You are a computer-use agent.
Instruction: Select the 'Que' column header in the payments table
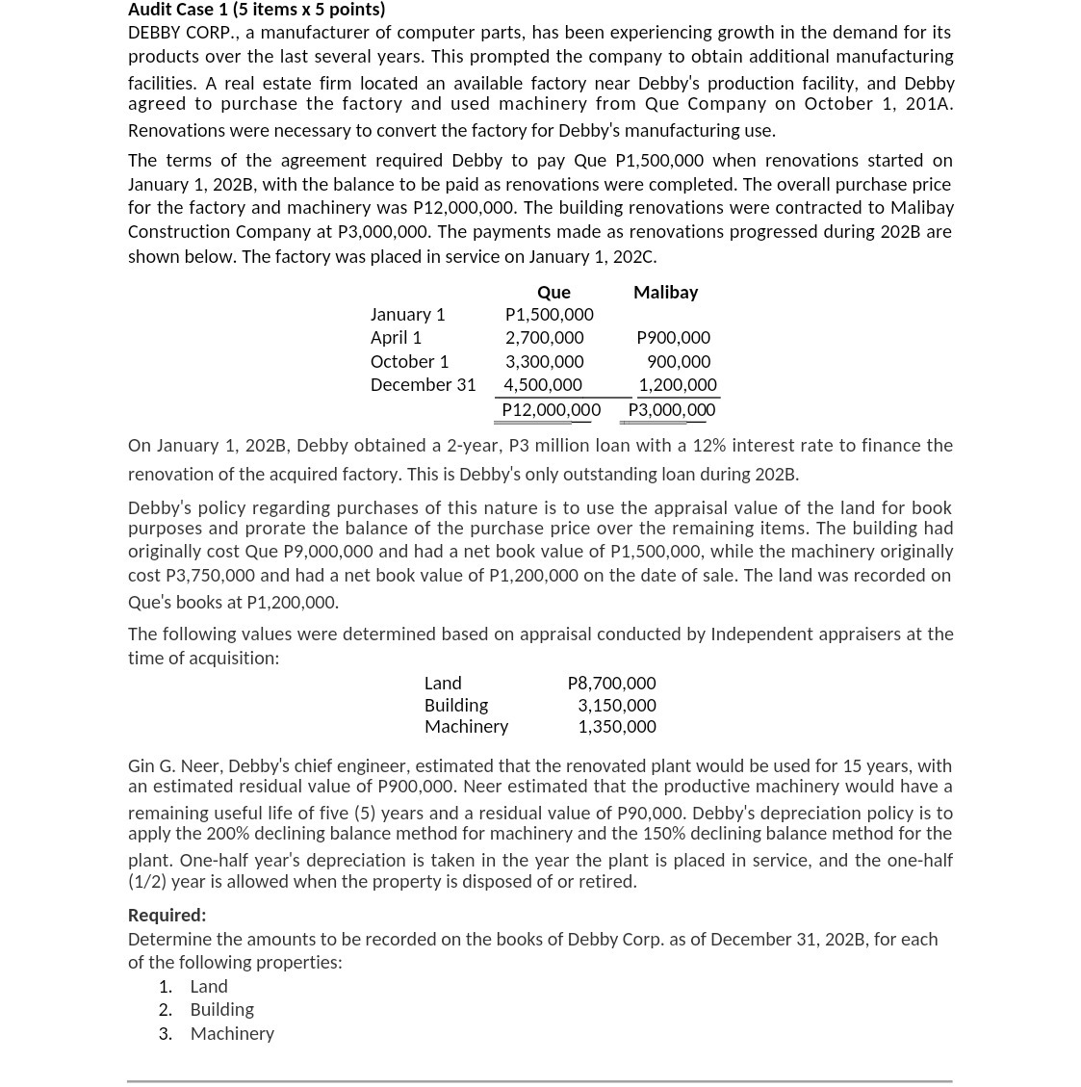[x=553, y=292]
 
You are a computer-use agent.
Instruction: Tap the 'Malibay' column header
[x=665, y=292]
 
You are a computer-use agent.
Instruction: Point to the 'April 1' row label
[x=396, y=338]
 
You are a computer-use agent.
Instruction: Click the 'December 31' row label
[x=423, y=385]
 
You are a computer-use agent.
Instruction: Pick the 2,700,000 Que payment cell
[x=544, y=338]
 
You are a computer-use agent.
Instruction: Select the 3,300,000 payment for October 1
[x=544, y=362]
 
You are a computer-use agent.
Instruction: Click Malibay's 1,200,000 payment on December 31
[x=678, y=385]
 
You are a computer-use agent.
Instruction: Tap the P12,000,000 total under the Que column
[x=551, y=410]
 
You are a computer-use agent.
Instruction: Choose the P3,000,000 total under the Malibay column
[x=671, y=410]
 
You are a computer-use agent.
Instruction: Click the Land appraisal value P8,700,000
[x=611, y=684]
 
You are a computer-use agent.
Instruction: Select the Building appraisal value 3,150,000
[x=616, y=706]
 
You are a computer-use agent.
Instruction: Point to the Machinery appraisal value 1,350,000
[x=616, y=727]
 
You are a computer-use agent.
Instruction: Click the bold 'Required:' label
[x=167, y=916]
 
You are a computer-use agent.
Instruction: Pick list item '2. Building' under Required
[x=221, y=1010]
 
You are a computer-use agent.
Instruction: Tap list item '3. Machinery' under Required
[x=231, y=1034]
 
